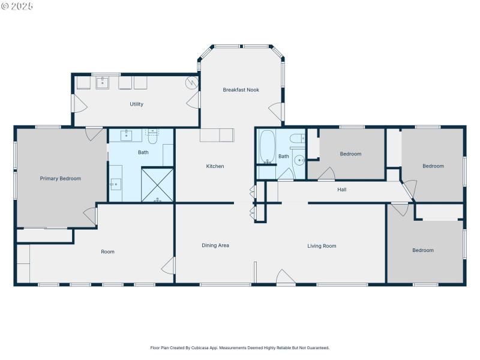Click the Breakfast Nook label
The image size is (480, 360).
click(x=241, y=90)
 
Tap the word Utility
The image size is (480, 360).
click(x=136, y=104)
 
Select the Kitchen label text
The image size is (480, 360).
click(x=215, y=166)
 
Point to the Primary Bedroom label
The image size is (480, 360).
click(x=60, y=178)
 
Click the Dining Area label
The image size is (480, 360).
click(x=215, y=245)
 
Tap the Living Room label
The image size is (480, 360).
click(x=322, y=246)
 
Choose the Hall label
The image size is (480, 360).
click(x=341, y=190)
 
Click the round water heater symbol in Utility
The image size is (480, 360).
click(x=191, y=83)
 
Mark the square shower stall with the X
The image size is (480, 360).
click(x=157, y=184)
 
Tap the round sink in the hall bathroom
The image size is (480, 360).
click(x=299, y=161)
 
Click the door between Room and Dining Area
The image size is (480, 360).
click(x=169, y=266)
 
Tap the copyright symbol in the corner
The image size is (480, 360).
click(x=5, y=6)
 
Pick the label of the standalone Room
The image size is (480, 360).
click(x=107, y=252)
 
